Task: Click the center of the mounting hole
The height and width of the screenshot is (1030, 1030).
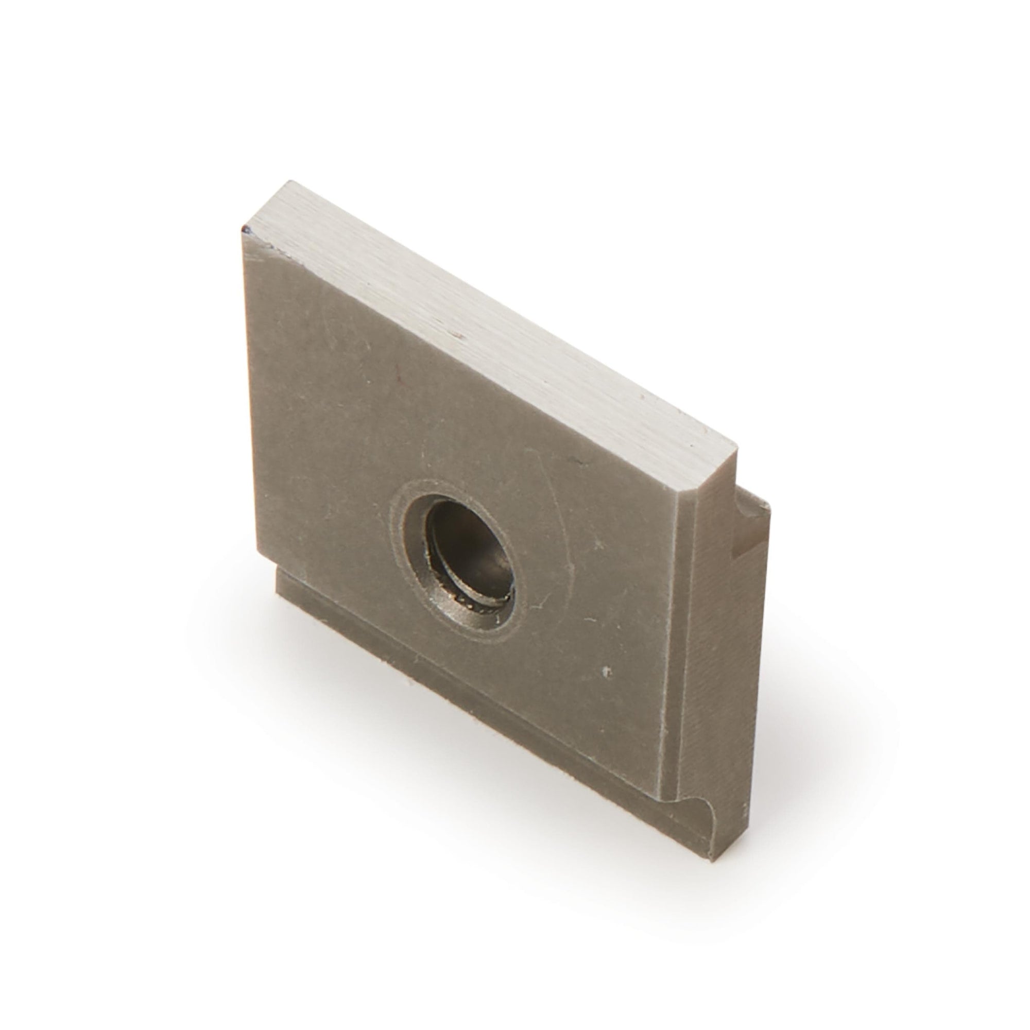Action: [469, 555]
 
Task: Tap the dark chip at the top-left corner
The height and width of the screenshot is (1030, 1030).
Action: [246, 230]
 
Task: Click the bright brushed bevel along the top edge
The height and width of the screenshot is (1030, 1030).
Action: [480, 309]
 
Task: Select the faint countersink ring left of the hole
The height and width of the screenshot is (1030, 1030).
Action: [397, 533]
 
